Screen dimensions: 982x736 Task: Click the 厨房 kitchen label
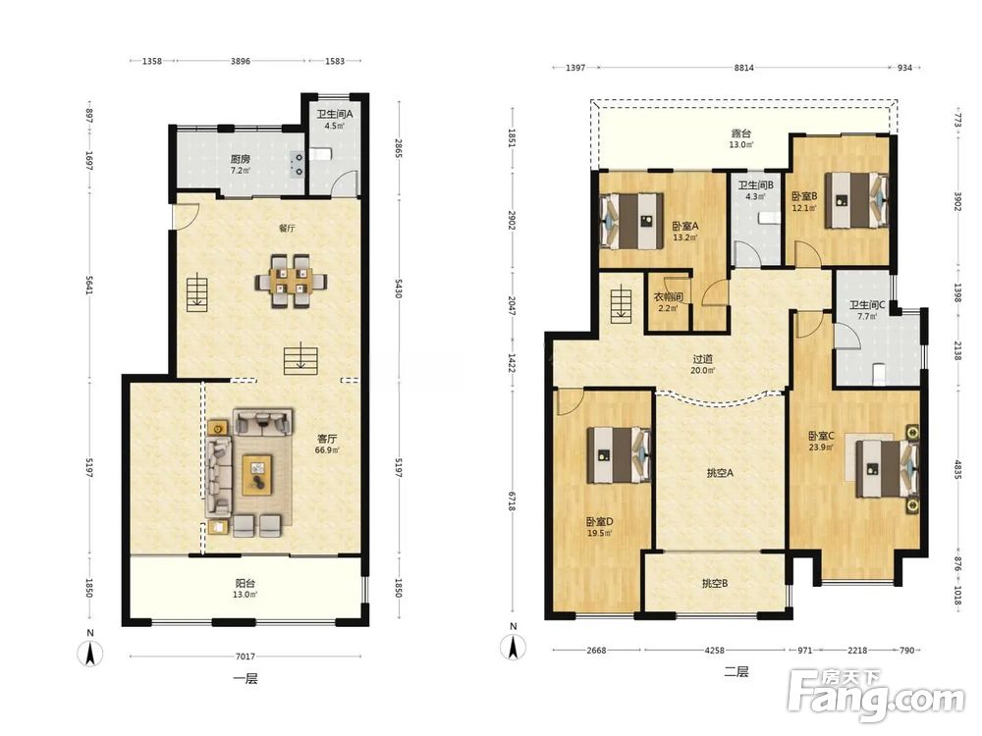[240, 159]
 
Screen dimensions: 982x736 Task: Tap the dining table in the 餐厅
[292, 281]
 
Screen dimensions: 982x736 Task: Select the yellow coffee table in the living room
[257, 475]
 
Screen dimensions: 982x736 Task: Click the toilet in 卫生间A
[319, 154]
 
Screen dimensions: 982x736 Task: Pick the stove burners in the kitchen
[299, 165]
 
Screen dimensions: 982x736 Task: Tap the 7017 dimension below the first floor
[245, 656]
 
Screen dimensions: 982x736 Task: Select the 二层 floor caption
[736, 672]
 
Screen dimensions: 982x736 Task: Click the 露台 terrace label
[740, 133]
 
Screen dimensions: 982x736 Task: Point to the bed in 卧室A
[631, 221]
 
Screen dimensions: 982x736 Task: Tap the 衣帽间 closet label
[668, 297]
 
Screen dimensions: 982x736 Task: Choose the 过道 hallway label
[703, 359]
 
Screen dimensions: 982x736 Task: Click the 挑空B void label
[715, 583]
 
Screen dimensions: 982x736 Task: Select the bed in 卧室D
[619, 455]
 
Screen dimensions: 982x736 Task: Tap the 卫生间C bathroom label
[867, 305]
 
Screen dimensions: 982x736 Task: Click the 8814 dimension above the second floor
[744, 68]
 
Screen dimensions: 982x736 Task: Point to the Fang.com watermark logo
[876, 695]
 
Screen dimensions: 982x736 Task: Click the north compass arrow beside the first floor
[90, 654]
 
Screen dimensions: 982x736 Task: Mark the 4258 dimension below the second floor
[714, 650]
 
